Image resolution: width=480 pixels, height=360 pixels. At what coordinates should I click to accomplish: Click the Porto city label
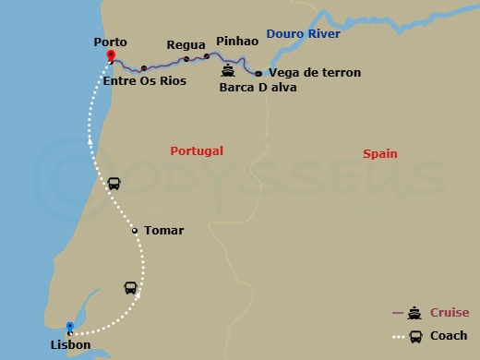[110, 42]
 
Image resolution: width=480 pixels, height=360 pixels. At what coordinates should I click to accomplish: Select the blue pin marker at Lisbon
[69, 327]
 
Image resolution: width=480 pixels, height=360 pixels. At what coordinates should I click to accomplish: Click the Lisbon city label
[71, 345]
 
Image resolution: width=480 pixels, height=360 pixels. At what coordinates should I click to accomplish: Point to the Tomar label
[163, 231]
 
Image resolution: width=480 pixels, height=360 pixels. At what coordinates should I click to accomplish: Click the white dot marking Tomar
[135, 231]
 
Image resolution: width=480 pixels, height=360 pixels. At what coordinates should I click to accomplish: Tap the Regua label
[185, 44]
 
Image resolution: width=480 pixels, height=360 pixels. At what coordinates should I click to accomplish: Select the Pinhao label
[236, 42]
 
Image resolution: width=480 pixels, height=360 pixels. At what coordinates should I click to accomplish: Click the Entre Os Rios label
[145, 81]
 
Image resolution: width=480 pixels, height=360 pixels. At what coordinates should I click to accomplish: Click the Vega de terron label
[315, 72]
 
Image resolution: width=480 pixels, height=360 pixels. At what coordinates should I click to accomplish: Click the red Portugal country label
[197, 150]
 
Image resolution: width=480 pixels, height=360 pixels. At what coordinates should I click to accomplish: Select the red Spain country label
[380, 153]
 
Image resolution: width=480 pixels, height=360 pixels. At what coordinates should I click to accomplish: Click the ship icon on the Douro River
[228, 70]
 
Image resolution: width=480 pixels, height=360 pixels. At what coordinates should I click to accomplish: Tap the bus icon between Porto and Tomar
[114, 183]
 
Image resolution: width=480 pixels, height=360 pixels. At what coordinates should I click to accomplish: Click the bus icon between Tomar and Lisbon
[131, 287]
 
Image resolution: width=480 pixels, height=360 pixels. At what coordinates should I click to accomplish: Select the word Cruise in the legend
[449, 313]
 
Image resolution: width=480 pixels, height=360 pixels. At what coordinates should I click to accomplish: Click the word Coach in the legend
[449, 336]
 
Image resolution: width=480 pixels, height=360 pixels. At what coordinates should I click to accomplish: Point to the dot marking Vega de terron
[258, 73]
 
